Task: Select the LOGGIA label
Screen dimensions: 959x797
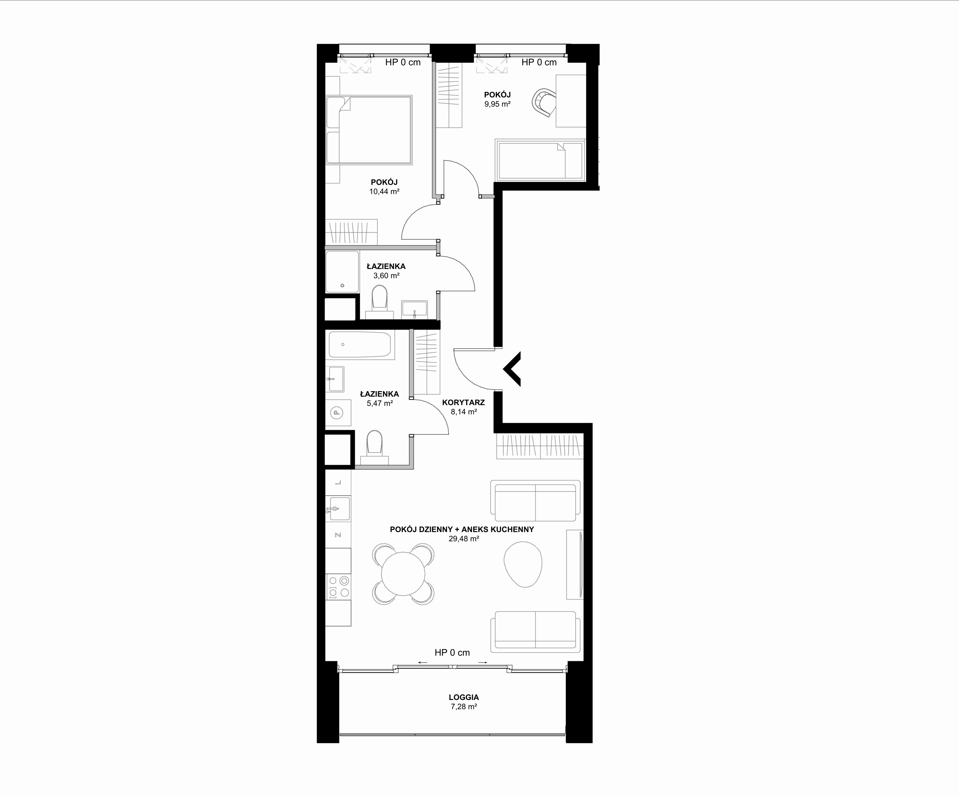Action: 464,697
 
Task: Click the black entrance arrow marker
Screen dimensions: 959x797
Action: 512,369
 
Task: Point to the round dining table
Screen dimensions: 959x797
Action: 403,574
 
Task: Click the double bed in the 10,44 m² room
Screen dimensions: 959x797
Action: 369,130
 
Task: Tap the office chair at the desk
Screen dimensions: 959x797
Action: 544,103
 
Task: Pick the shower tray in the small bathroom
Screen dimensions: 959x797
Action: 342,272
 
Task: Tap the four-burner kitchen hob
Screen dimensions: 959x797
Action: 338,587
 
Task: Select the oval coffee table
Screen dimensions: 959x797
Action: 523,564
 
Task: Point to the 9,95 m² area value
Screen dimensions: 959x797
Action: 497,104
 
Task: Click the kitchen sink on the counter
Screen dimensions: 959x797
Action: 338,508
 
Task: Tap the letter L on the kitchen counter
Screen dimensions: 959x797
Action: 338,483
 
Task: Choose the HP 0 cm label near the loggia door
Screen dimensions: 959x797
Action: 452,653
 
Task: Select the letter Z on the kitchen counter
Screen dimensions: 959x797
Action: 338,535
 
